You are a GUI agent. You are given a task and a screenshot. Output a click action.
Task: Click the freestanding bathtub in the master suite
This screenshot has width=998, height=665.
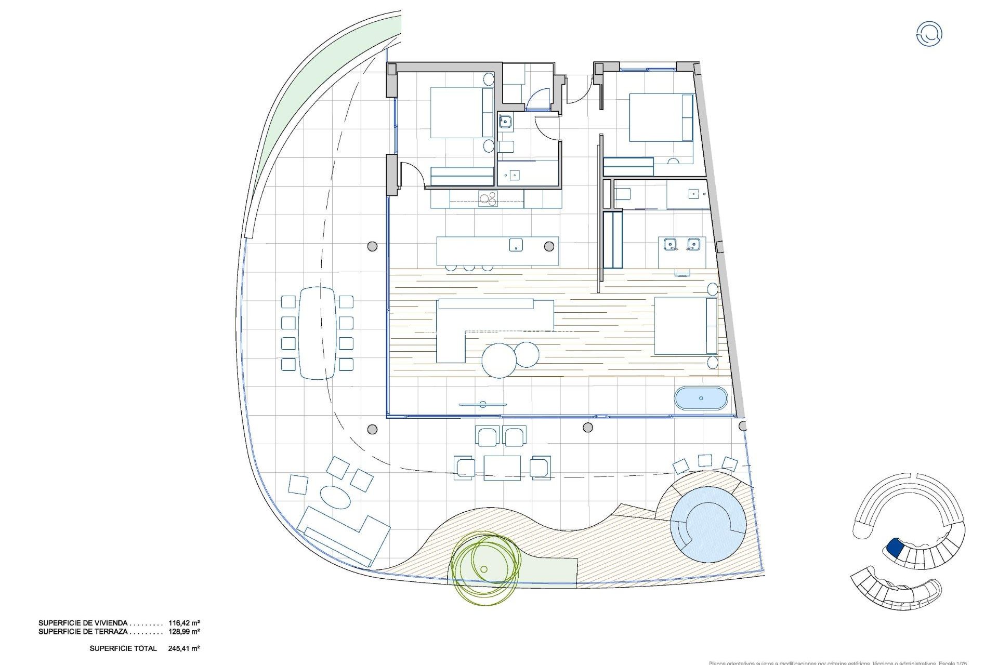click(x=701, y=398)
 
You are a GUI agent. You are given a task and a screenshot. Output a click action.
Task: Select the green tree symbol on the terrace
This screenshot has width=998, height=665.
click(x=484, y=568)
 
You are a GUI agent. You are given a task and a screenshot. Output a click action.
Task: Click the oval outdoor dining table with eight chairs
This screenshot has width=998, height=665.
click(x=317, y=332)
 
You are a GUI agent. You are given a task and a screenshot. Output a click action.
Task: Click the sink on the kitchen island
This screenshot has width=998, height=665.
click(x=516, y=245)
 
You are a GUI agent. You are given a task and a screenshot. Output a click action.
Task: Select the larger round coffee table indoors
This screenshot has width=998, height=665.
click(x=499, y=361)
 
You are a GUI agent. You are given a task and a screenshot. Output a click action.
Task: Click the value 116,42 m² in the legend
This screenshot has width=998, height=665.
click(x=184, y=622)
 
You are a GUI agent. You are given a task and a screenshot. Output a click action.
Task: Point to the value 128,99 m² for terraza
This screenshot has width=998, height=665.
click(x=184, y=632)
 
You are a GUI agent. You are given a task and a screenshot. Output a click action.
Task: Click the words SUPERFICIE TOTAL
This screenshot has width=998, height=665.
click(x=123, y=648)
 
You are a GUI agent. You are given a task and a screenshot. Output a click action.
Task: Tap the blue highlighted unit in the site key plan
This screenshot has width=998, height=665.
click(x=894, y=547)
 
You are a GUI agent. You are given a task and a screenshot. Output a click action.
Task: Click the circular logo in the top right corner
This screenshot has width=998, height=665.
click(x=929, y=34)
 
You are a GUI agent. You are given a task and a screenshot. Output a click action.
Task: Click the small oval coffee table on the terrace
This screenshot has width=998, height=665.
click(x=336, y=497)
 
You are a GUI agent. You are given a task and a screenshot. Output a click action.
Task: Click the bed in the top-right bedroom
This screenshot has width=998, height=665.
click(x=660, y=117)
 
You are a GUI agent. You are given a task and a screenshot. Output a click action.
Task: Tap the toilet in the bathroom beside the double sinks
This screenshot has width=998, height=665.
click(x=622, y=194)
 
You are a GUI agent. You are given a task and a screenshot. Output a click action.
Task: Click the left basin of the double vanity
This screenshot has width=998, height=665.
click(x=670, y=243)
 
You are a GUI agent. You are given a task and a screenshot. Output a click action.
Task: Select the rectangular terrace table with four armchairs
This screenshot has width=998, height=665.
click(x=502, y=467)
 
